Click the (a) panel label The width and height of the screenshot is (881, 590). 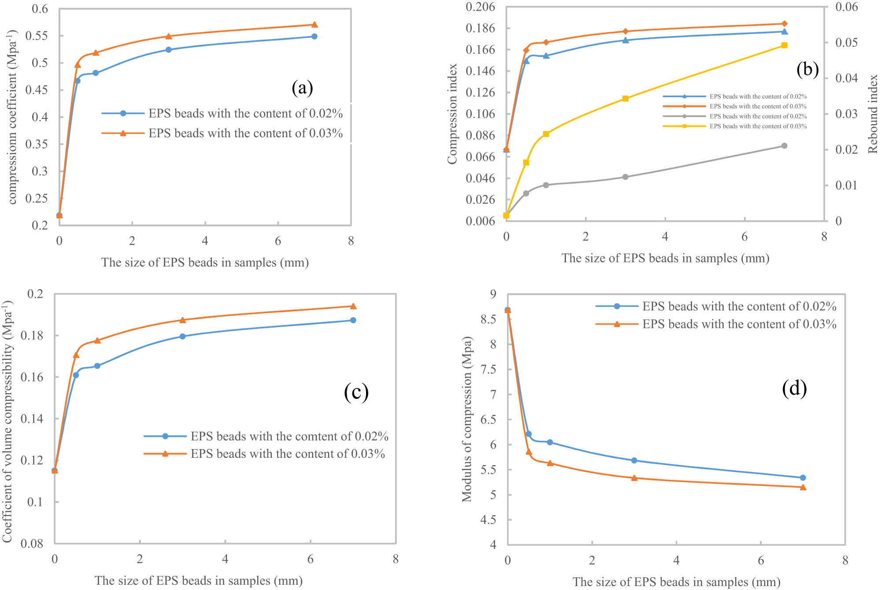click(x=302, y=88)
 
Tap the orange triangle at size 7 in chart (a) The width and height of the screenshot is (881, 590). click(x=315, y=25)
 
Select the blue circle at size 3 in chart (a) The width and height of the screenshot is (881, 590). click(x=168, y=50)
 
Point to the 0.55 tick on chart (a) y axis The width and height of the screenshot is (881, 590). click(x=40, y=36)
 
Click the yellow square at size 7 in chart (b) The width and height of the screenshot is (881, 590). click(x=784, y=45)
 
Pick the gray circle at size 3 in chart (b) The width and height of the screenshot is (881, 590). click(x=625, y=177)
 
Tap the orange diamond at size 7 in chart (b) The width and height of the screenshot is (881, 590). click(x=784, y=24)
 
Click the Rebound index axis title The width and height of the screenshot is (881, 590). click(x=873, y=114)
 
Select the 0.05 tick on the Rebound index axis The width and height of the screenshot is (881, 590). click(x=846, y=43)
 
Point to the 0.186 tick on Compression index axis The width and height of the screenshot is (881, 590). click(x=480, y=28)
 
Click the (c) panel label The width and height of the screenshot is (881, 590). click(x=356, y=391)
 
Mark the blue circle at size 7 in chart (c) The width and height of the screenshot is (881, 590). click(x=353, y=320)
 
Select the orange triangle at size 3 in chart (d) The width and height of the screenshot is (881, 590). click(x=634, y=478)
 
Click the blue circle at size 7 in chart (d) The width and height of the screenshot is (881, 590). click(x=803, y=478)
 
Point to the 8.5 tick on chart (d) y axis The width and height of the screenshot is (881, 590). click(x=488, y=319)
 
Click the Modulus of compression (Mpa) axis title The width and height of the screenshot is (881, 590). click(x=467, y=419)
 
